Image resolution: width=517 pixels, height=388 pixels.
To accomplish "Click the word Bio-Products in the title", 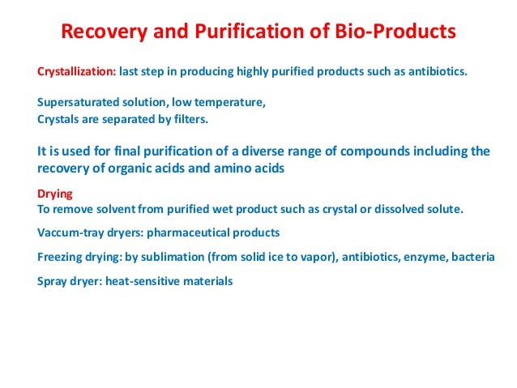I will click(391, 33).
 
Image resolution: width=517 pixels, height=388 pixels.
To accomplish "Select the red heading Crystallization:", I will click(76, 71).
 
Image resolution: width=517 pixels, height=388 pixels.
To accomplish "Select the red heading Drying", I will click(56, 194).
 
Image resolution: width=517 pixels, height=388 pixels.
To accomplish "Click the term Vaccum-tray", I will click(70, 232).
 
